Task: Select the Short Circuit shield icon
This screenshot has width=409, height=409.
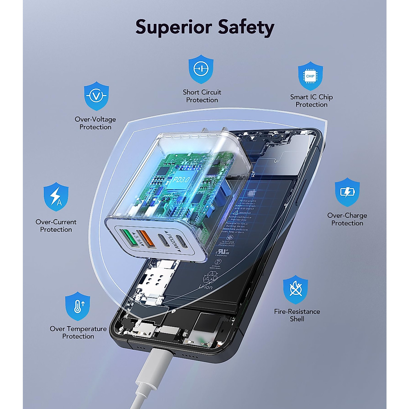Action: click(201, 69)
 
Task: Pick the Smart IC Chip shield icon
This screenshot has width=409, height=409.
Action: click(310, 76)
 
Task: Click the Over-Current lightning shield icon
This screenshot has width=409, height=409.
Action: click(56, 197)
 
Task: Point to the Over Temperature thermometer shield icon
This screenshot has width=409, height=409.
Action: click(78, 306)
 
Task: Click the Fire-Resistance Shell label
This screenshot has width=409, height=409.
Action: click(297, 315)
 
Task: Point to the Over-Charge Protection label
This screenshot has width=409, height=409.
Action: click(347, 219)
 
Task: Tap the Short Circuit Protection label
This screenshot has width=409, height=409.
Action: click(202, 96)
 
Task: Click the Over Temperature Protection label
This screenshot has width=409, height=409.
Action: click(78, 332)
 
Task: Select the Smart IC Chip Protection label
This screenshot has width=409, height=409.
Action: click(311, 101)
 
